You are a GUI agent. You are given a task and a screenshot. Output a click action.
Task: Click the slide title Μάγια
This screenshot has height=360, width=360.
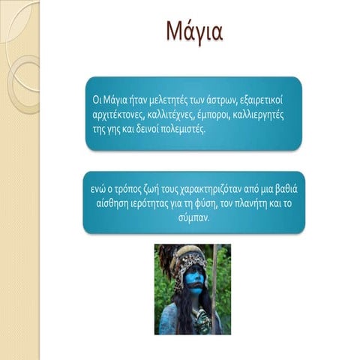tap(194, 31)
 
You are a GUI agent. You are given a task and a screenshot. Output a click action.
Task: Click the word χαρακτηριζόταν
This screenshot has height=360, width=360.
tap(210, 190)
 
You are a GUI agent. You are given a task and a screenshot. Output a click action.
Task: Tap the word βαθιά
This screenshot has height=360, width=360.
tap(286, 189)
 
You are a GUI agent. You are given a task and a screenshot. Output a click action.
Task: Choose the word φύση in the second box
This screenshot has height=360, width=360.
tap(205, 204)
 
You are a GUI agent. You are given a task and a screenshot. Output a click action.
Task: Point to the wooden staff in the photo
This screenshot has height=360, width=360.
tap(214, 289)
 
